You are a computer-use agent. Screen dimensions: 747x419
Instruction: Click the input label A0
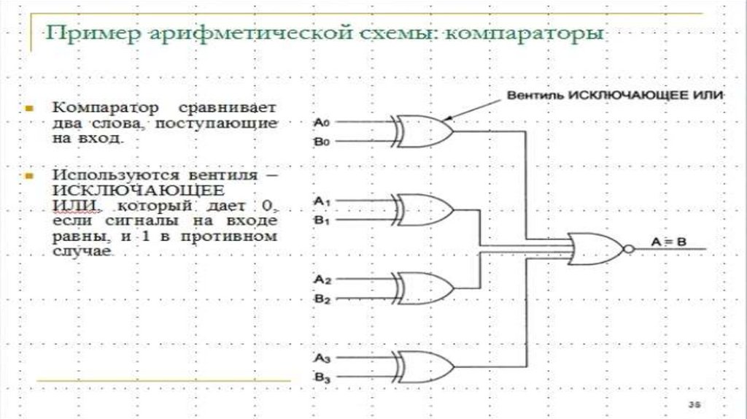(x=322, y=123)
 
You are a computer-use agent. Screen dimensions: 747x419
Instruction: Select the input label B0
(x=322, y=142)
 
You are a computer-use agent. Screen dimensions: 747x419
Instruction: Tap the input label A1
(x=322, y=201)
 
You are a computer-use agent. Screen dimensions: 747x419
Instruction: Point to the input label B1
(x=322, y=220)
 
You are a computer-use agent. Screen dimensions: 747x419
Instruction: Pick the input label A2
(x=322, y=280)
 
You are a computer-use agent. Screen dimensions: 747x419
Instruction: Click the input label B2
(x=322, y=299)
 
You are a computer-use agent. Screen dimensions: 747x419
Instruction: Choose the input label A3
(x=322, y=358)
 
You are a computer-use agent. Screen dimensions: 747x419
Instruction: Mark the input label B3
(x=322, y=378)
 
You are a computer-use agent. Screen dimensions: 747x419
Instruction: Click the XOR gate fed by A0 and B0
(x=422, y=131)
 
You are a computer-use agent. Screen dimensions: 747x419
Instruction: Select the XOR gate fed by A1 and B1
(x=422, y=209)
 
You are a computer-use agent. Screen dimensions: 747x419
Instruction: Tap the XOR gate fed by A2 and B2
(x=422, y=288)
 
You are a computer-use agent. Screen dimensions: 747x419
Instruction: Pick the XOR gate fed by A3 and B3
(x=422, y=367)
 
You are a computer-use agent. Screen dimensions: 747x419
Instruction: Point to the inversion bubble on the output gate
(x=630, y=249)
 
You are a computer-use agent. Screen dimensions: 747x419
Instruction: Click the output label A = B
(x=668, y=242)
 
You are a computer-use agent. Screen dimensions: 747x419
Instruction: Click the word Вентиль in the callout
(x=536, y=96)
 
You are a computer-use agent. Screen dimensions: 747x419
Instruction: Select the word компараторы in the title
(x=525, y=34)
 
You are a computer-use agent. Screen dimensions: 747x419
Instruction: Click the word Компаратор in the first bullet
(x=105, y=108)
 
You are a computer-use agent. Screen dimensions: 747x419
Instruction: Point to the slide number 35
(x=694, y=404)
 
